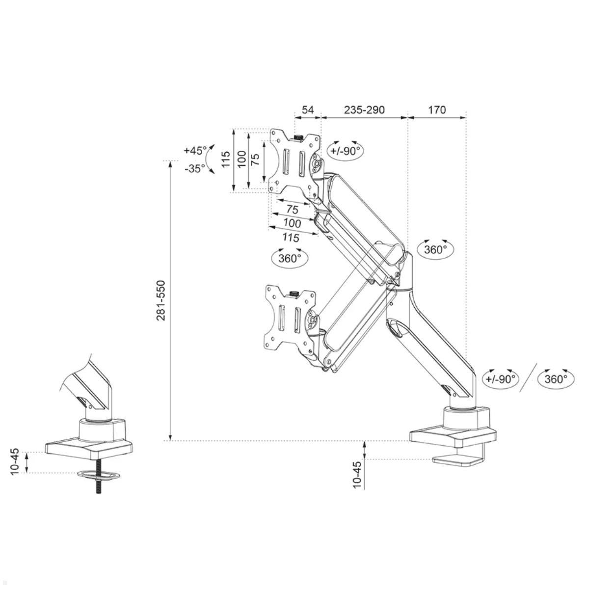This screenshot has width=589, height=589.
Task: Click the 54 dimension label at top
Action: point(307,109)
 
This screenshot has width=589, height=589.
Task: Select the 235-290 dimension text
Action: point(364,109)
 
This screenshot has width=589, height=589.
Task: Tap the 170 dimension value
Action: point(437,109)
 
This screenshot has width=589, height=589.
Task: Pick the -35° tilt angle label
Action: point(195,168)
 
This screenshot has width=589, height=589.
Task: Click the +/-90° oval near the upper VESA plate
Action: point(345,151)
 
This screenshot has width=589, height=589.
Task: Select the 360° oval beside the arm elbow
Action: point(435,249)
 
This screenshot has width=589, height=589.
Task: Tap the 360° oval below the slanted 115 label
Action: point(290,258)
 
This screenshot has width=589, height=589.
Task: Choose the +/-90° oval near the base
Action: point(501,379)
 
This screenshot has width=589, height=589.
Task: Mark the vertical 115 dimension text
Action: point(226,160)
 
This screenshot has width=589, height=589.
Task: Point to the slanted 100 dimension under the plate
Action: point(292,223)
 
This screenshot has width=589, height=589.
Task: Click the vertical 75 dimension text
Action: point(255,160)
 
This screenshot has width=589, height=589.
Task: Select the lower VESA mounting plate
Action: point(290,318)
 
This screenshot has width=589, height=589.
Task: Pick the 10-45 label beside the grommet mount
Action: point(15,461)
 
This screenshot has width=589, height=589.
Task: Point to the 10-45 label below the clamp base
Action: point(357,474)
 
